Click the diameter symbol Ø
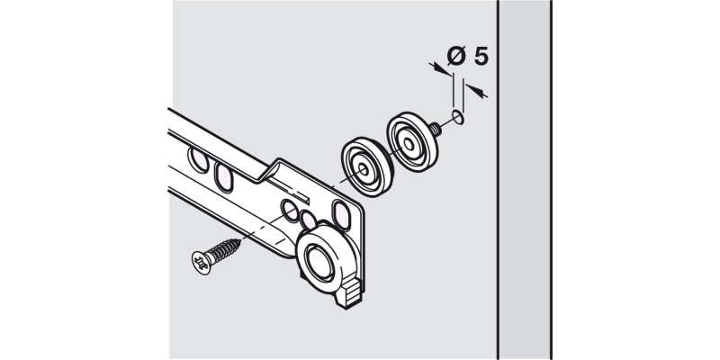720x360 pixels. point(456,56)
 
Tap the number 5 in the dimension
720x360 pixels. point(481,57)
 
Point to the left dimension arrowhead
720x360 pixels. point(441,70)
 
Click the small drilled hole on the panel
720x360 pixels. point(458,117)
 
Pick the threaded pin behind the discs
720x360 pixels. point(436,129)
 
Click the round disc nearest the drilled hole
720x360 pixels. point(412,141)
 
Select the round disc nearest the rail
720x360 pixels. point(367,166)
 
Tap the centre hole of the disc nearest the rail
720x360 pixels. point(363,169)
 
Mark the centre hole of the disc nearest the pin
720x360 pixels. point(409,144)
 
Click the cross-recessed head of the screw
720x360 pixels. point(202,262)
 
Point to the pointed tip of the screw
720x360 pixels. point(238,240)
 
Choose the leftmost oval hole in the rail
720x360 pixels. point(199,159)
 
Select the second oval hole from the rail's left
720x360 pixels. point(223,176)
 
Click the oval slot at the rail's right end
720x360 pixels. point(342,214)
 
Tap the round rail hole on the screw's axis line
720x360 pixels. point(290,211)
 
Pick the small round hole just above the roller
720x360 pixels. point(308,220)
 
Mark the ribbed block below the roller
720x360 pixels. point(350,293)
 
